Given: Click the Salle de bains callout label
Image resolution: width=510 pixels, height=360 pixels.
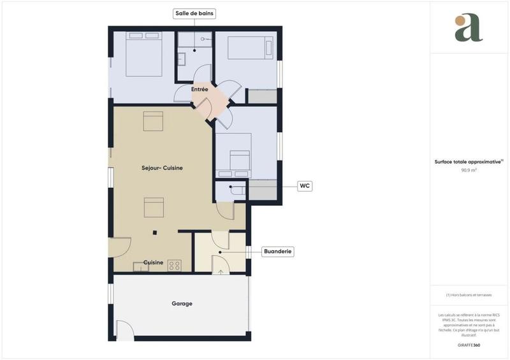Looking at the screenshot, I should [194, 13].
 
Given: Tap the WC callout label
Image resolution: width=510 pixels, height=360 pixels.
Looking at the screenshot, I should [305, 186].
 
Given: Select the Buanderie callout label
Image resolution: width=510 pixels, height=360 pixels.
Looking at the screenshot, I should [278, 252].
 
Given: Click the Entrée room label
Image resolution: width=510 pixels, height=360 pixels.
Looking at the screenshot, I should [200, 90].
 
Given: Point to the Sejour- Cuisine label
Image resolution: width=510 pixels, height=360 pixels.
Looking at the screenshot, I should [162, 168].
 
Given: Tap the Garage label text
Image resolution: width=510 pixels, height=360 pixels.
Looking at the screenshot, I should [181, 304].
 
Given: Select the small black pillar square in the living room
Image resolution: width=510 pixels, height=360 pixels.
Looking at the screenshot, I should [154, 232].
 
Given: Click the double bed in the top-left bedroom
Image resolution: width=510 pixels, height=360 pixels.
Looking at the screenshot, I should [144, 54].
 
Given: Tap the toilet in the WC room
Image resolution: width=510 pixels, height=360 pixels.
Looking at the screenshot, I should [237, 189].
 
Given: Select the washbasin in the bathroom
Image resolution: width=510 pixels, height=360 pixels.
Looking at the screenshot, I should [181, 59].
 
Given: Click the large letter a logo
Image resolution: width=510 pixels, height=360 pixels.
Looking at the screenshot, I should [469, 29].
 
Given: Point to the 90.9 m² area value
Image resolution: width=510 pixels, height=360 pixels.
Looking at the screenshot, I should [469, 171].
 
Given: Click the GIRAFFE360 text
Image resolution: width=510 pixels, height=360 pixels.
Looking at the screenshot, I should [469, 344].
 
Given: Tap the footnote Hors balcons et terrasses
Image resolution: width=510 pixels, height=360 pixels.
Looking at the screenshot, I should [469, 294].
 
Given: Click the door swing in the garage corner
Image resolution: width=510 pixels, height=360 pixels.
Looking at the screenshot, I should [125, 329].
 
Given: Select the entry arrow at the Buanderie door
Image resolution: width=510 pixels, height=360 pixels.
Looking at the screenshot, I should [221, 271].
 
